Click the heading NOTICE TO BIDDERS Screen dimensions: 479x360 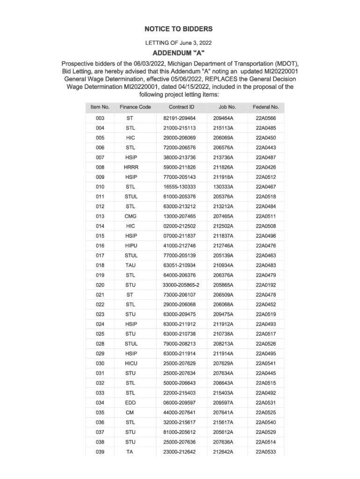180,29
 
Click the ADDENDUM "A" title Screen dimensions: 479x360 180,52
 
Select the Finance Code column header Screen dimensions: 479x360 135,107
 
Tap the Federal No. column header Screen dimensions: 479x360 266,107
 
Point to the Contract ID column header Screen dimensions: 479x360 181,107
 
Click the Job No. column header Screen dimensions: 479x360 227,107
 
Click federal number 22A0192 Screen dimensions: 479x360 266,285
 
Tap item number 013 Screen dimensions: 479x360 100,216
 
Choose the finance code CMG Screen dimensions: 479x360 130,216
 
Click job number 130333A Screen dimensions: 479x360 223,187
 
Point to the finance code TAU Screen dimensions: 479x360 130,265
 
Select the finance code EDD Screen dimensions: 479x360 130,402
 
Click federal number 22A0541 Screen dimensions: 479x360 266,363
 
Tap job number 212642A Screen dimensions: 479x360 223,451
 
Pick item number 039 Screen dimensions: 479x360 100,451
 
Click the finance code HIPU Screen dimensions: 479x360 131,246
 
